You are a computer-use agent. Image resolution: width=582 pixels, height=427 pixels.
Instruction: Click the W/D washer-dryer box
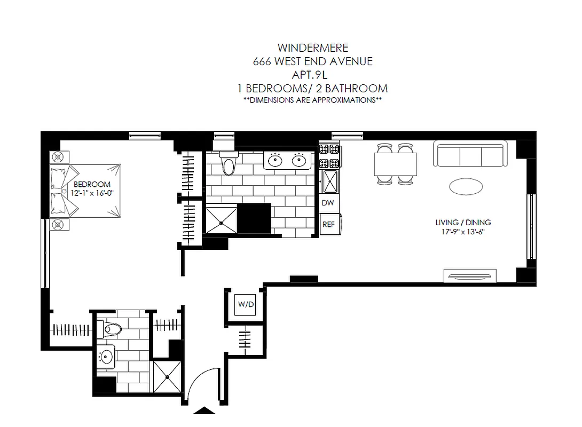coord(246,304)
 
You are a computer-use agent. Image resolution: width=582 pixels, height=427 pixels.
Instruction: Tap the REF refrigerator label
coord(328,224)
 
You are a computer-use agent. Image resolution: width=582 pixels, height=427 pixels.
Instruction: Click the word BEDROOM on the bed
coord(92,184)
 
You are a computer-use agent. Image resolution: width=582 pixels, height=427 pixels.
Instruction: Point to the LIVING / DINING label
coord(463,223)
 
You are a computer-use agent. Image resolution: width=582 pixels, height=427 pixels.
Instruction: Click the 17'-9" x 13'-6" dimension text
coord(463,232)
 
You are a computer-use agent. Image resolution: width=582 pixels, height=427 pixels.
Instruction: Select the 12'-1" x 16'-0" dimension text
coord(92,193)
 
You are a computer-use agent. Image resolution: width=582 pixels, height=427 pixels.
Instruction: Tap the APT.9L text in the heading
coord(312,75)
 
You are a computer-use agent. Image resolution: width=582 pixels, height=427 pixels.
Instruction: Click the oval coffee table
coord(465,186)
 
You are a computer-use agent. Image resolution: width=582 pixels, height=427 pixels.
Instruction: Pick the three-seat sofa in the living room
coord(470,154)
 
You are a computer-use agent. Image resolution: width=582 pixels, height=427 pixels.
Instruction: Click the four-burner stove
coord(329,156)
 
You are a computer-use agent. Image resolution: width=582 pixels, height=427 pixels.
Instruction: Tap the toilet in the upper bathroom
coord(229,164)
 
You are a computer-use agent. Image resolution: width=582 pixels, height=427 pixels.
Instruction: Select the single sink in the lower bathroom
coord(107,355)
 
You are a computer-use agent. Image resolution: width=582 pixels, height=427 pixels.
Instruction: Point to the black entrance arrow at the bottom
coord(204,410)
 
